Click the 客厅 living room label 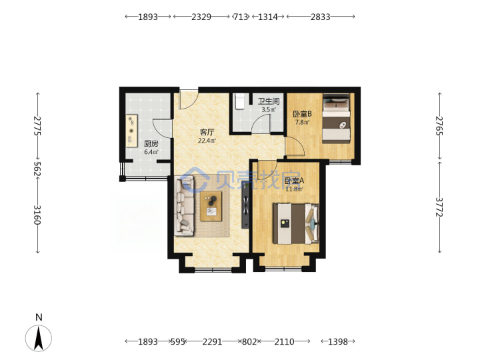[x=207, y=132]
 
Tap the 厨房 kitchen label [x=151, y=143]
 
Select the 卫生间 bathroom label [x=269, y=101]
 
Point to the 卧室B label [x=302, y=114]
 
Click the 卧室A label [x=294, y=181]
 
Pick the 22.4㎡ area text [x=207, y=141]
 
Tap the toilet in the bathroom [x=239, y=101]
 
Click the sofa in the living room [x=184, y=206]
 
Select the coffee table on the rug [x=211, y=206]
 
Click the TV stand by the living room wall [x=245, y=205]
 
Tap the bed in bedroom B [x=336, y=118]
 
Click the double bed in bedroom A [x=296, y=223]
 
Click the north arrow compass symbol [x=39, y=338]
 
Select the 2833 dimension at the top [x=321, y=17]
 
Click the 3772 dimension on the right [x=439, y=207]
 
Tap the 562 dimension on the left [x=37, y=169]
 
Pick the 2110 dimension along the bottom [x=284, y=341]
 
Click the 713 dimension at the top [x=240, y=17]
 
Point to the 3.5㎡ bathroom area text [x=269, y=109]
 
